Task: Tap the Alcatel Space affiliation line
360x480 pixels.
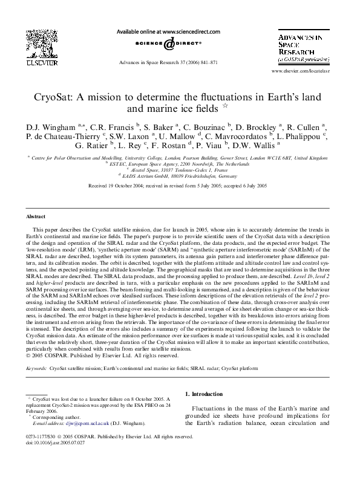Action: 180,170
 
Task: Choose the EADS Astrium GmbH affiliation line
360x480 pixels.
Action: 180,177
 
